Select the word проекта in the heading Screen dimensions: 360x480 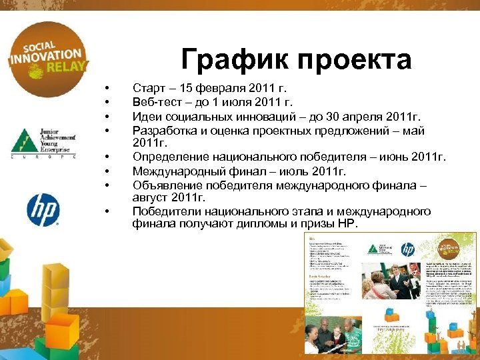click(353, 61)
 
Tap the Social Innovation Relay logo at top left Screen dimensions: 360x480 click(45, 59)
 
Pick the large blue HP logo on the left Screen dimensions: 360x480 click(43, 210)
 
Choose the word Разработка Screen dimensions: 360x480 click(165, 129)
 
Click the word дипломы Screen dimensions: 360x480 click(253, 224)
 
